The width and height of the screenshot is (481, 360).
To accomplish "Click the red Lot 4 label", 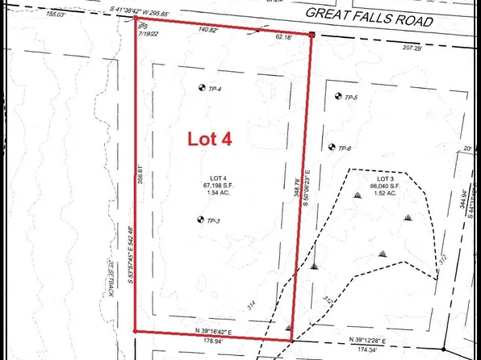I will point(210,139).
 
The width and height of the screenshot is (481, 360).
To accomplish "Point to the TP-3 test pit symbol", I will point(199,219).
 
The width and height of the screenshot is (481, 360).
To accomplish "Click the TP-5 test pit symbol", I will point(337,97).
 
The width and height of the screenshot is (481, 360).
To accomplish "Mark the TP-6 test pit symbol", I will point(331,148).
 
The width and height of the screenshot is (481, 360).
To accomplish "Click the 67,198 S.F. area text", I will point(219,186).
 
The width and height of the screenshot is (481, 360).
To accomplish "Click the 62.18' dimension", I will point(284,37).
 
